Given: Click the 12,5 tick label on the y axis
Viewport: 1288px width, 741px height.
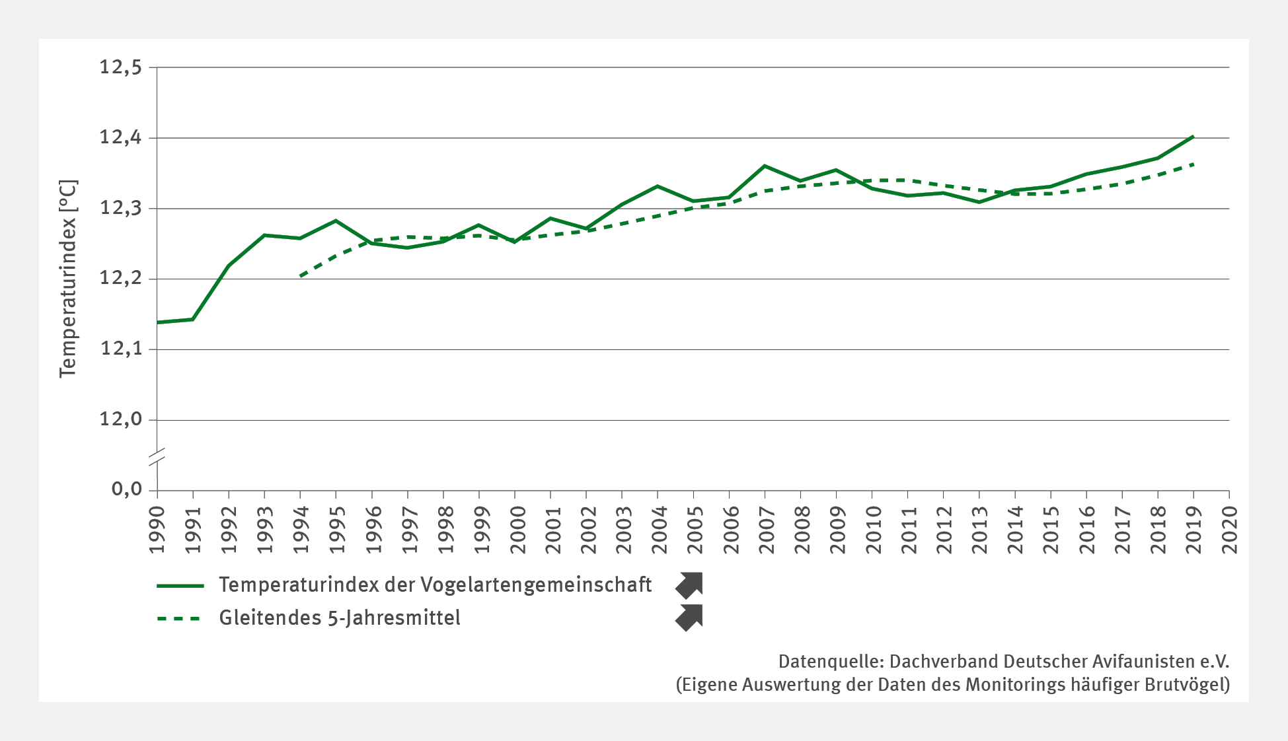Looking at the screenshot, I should coord(120,67).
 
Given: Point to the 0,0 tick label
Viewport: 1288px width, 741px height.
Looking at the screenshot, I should coord(127,489).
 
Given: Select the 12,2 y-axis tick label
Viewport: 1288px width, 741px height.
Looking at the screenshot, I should coord(120,279).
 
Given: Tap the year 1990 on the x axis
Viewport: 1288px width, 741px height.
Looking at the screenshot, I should coord(157,530).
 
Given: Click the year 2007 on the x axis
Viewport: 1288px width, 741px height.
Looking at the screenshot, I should coord(765,530).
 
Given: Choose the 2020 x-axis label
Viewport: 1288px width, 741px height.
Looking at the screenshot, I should coord(1230,530).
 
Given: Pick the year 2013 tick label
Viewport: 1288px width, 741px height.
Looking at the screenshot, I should coord(979,530).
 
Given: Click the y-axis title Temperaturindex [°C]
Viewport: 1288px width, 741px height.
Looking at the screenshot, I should coord(68,279).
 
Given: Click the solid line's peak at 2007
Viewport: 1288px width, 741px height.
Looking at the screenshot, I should coord(765,166).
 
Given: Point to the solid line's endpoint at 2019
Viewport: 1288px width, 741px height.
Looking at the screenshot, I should coord(1193,137).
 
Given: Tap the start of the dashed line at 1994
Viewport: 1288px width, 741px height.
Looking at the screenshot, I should coord(301,276).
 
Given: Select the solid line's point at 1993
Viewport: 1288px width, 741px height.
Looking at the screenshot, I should coord(264,235).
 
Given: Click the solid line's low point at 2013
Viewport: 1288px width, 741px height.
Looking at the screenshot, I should coord(979,202).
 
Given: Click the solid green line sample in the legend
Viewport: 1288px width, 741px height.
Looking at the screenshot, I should coord(180,586).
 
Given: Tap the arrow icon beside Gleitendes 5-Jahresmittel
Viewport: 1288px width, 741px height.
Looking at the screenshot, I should coord(689,617).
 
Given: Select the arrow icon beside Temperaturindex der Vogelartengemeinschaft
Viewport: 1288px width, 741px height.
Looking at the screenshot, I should coord(689,585).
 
